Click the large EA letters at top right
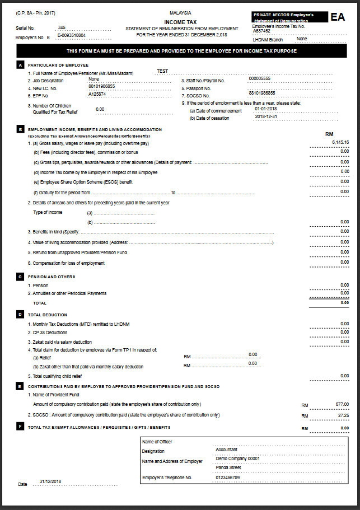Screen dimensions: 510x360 pos(338,17)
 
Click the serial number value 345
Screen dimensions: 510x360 pos(62,27)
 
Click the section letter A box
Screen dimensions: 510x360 pos(20,65)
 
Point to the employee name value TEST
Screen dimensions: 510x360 pos(162,71)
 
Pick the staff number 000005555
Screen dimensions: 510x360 pos(260,78)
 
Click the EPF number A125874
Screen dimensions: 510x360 pos(97,94)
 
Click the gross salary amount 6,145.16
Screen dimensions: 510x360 pos(340,142)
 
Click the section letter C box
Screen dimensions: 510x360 pos(20,277)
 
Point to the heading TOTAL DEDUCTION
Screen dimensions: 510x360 pos(48,315)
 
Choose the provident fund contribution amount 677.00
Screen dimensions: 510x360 pos(342,404)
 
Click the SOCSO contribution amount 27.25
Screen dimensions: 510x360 pos(343,415)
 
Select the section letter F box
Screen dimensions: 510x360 pos(20,427)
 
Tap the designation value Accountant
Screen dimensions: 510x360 pos(226,449)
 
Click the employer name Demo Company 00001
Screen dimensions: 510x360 pos(238,458)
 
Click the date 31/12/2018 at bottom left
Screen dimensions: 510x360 pos(50,481)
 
